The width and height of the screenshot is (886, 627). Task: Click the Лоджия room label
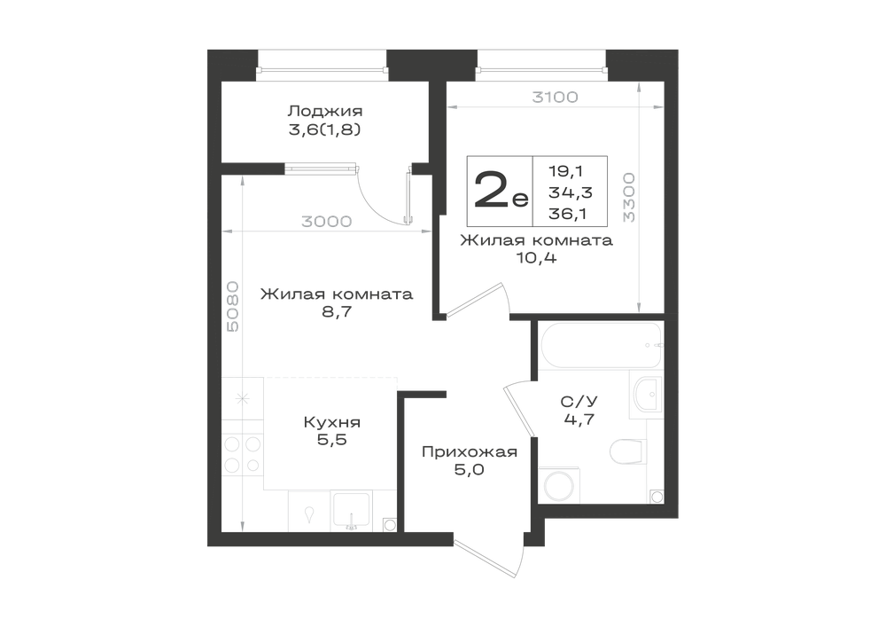pos(325,111)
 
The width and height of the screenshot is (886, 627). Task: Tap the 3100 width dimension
pos(555,98)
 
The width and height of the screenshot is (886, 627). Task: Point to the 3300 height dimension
pos(628,197)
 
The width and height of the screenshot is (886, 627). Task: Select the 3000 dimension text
pos(327,222)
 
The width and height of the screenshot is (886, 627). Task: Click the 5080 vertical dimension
pos(232,307)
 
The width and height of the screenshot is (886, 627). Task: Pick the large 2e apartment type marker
pos(501,191)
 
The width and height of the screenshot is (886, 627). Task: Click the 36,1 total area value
pos(567,214)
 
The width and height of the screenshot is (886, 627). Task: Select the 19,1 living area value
pos(565,171)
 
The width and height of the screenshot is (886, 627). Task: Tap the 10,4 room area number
pos(536,258)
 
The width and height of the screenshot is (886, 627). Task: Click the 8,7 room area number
pos(337,311)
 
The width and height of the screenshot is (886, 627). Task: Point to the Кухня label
pos(331,422)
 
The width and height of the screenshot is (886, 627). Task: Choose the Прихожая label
pos(470,451)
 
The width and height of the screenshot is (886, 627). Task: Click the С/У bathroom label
pos(579,402)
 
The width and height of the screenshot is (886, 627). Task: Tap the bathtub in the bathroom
pos(601,346)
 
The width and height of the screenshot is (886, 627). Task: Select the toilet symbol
pos(628,451)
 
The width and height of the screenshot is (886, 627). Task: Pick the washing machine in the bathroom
pos(557,484)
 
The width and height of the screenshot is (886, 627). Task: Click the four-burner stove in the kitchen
pos(243,455)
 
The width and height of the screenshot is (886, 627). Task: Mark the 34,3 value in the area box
pos(570,192)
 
